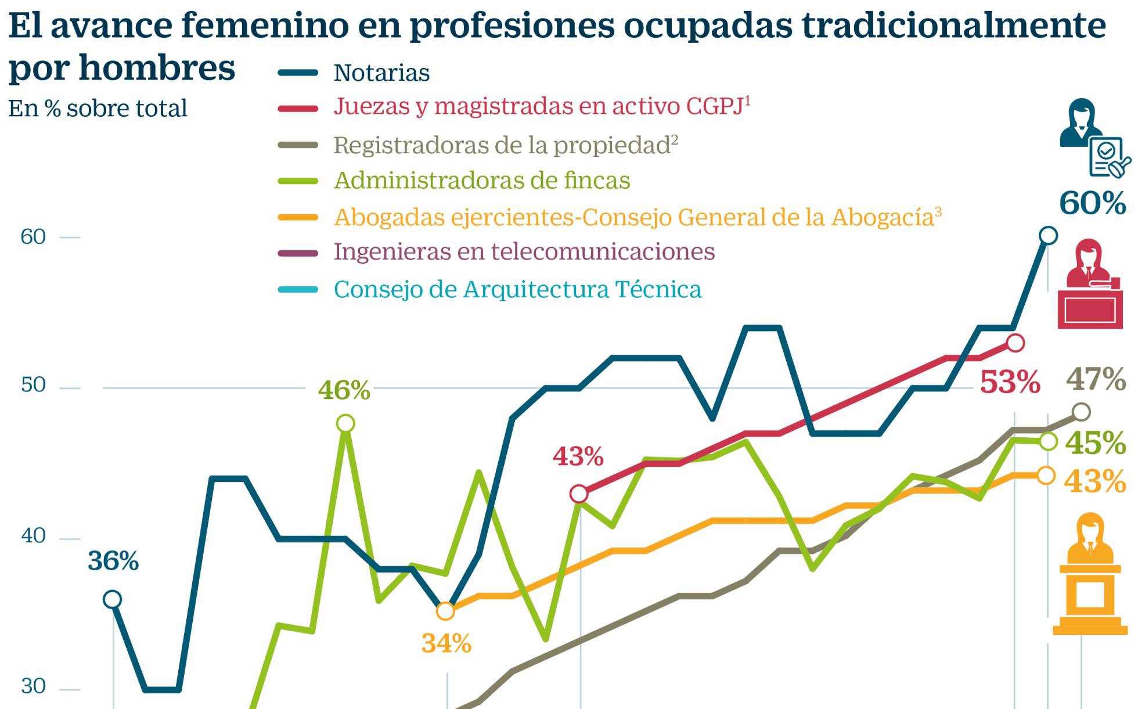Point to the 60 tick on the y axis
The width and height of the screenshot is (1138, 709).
(x=33, y=237)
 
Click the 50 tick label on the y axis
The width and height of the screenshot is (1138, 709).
(x=33, y=385)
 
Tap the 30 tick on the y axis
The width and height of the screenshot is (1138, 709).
(x=33, y=686)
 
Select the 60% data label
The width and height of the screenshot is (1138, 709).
(x=1092, y=203)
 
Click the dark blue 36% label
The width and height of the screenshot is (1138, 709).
(x=113, y=562)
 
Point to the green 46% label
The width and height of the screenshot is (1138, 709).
(x=344, y=390)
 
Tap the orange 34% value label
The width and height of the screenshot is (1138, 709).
(x=446, y=643)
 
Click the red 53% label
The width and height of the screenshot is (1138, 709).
(x=1010, y=383)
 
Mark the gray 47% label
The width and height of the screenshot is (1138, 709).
(x=1096, y=379)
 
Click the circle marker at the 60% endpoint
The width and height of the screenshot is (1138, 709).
(x=1048, y=235)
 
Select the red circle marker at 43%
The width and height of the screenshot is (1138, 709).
(x=579, y=494)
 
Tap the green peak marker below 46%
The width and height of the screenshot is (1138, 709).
(x=345, y=423)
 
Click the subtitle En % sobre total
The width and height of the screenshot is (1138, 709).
(x=98, y=109)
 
